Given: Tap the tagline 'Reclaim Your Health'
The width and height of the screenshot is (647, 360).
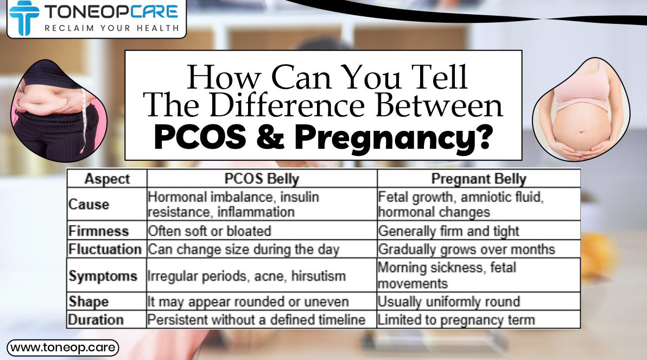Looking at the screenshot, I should (111, 28).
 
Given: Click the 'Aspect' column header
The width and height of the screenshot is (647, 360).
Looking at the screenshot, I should (107, 179).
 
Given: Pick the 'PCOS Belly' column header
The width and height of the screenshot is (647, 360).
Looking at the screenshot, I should (262, 179).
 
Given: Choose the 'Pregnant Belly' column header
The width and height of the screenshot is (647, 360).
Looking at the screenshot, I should (478, 179).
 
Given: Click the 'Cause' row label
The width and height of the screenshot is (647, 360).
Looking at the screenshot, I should (88, 205).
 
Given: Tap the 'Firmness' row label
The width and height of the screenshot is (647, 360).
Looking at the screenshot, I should (99, 231).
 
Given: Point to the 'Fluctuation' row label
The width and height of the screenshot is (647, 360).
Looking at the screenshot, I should (105, 249).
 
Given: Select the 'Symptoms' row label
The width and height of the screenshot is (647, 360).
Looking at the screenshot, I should (103, 276).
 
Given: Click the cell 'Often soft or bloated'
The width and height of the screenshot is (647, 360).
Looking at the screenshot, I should (210, 231).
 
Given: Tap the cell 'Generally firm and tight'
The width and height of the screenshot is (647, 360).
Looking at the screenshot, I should (448, 231).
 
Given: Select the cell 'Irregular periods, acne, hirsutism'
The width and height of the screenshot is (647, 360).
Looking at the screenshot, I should (247, 276).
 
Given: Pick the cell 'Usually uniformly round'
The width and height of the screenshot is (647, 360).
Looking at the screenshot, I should (449, 301).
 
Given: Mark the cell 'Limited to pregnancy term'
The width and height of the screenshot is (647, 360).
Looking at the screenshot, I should (456, 320).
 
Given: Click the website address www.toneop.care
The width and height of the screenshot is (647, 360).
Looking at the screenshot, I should (62, 347).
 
